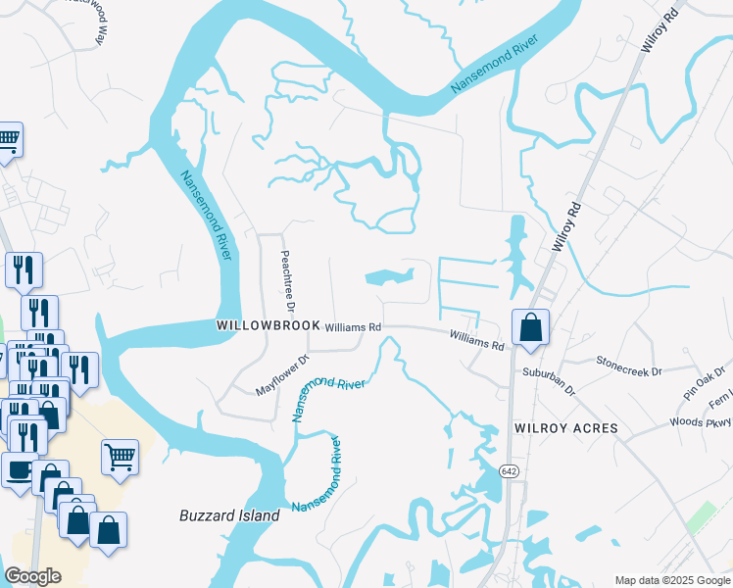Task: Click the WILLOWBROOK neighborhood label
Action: [x=268, y=325]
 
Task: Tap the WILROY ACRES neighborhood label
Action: [x=566, y=428]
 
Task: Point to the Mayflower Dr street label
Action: [x=282, y=375]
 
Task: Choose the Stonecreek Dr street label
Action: [x=629, y=366]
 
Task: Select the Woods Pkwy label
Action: [x=703, y=422]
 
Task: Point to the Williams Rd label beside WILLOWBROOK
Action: [x=353, y=327]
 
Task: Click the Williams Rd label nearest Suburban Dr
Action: [x=476, y=340]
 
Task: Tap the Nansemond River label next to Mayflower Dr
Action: [x=328, y=397]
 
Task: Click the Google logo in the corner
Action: [x=32, y=576]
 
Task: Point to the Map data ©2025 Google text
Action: [x=671, y=580]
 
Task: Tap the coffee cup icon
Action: [x=19, y=470]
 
